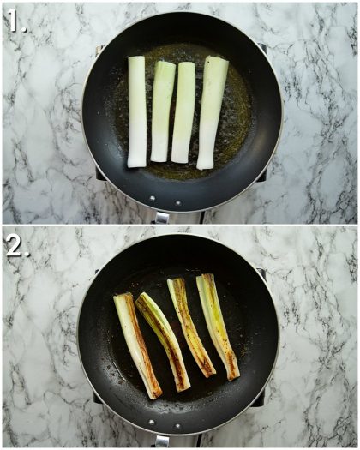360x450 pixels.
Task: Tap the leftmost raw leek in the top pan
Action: [137, 111]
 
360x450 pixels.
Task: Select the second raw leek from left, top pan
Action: [161, 111]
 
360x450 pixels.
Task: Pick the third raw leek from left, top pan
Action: [184, 111]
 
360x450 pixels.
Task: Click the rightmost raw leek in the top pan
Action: [212, 111]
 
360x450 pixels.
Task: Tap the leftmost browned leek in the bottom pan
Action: [137, 345]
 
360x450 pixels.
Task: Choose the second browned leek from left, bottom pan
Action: [164, 340]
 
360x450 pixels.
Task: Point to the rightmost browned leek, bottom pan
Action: [218, 326]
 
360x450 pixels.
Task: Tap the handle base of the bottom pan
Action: [162, 440]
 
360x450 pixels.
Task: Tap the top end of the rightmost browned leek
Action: [206, 279]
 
